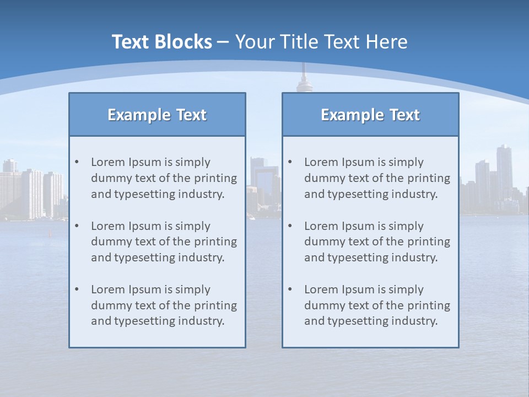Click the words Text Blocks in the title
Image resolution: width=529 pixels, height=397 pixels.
[x=161, y=42]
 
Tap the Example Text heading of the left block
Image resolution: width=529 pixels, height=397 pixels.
[x=157, y=115]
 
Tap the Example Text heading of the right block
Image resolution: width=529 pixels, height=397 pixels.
[x=370, y=115]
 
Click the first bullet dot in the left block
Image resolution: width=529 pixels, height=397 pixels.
[x=77, y=162]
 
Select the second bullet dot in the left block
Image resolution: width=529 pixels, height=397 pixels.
[x=77, y=226]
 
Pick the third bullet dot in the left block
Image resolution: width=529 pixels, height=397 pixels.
[x=77, y=289]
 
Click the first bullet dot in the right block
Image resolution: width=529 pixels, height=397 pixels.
[x=290, y=162]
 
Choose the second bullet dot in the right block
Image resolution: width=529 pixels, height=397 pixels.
[x=290, y=226]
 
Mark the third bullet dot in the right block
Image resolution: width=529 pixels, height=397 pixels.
[x=290, y=289]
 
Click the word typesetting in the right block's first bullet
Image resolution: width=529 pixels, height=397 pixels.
[x=356, y=194]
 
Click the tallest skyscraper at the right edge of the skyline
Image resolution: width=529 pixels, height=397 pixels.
[x=504, y=171]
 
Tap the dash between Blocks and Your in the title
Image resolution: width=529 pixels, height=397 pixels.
[x=223, y=42]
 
